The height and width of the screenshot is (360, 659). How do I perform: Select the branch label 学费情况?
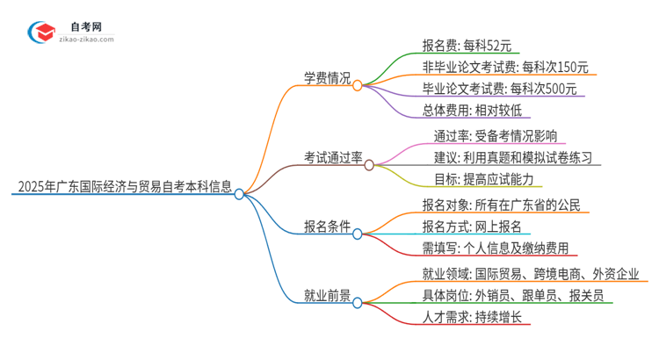pos(325,78)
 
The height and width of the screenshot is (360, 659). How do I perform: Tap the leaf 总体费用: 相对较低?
pos(472,111)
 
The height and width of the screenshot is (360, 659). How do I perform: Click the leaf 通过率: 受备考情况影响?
pos(493,136)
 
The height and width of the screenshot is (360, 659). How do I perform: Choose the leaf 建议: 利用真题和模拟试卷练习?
pos(512,158)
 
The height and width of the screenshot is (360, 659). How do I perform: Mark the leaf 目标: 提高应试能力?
pos(482,179)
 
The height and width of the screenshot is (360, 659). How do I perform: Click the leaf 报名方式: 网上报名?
pos(472,227)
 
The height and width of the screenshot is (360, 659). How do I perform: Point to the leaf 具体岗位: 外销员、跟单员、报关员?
pos(511,296)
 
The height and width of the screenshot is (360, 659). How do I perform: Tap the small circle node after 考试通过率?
pos(368,164)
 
